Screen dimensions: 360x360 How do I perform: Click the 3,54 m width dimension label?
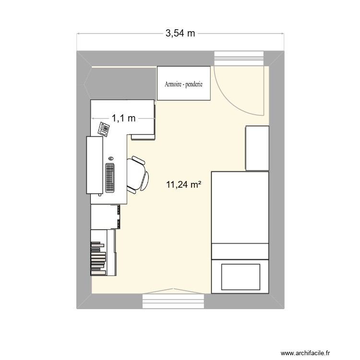click(x=180, y=33)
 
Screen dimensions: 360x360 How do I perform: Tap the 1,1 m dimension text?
click(x=124, y=118)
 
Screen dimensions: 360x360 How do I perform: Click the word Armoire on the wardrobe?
click(x=173, y=84)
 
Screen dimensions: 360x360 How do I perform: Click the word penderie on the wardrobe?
click(x=193, y=84)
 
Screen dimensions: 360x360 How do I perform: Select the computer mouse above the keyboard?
click(x=111, y=158)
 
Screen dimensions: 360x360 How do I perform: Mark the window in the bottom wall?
click(x=174, y=301)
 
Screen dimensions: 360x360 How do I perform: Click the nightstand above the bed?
click(x=257, y=148)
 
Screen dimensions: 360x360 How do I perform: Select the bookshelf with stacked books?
click(x=103, y=252)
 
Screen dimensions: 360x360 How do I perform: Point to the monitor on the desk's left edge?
click(x=95, y=165)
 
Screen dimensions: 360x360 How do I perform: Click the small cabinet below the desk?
click(x=105, y=216)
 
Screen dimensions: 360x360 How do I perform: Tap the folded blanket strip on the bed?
click(x=240, y=251)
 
